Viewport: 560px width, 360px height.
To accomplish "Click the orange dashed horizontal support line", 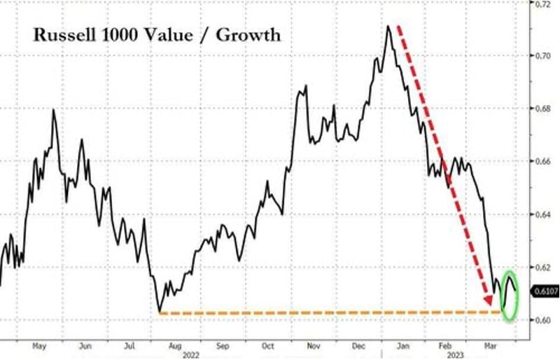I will coord(315,312).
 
